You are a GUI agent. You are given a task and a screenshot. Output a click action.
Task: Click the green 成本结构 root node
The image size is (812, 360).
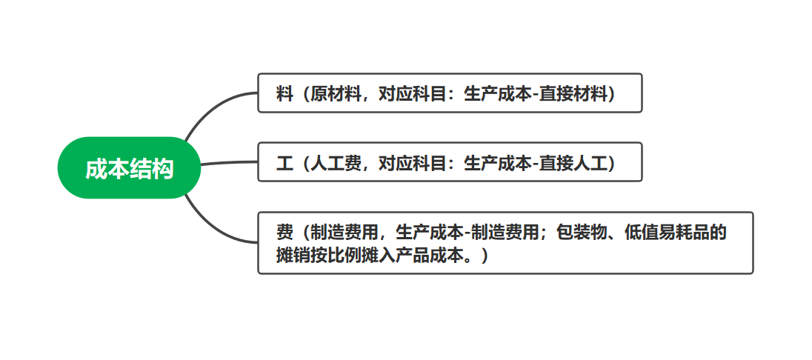(x=129, y=168)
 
